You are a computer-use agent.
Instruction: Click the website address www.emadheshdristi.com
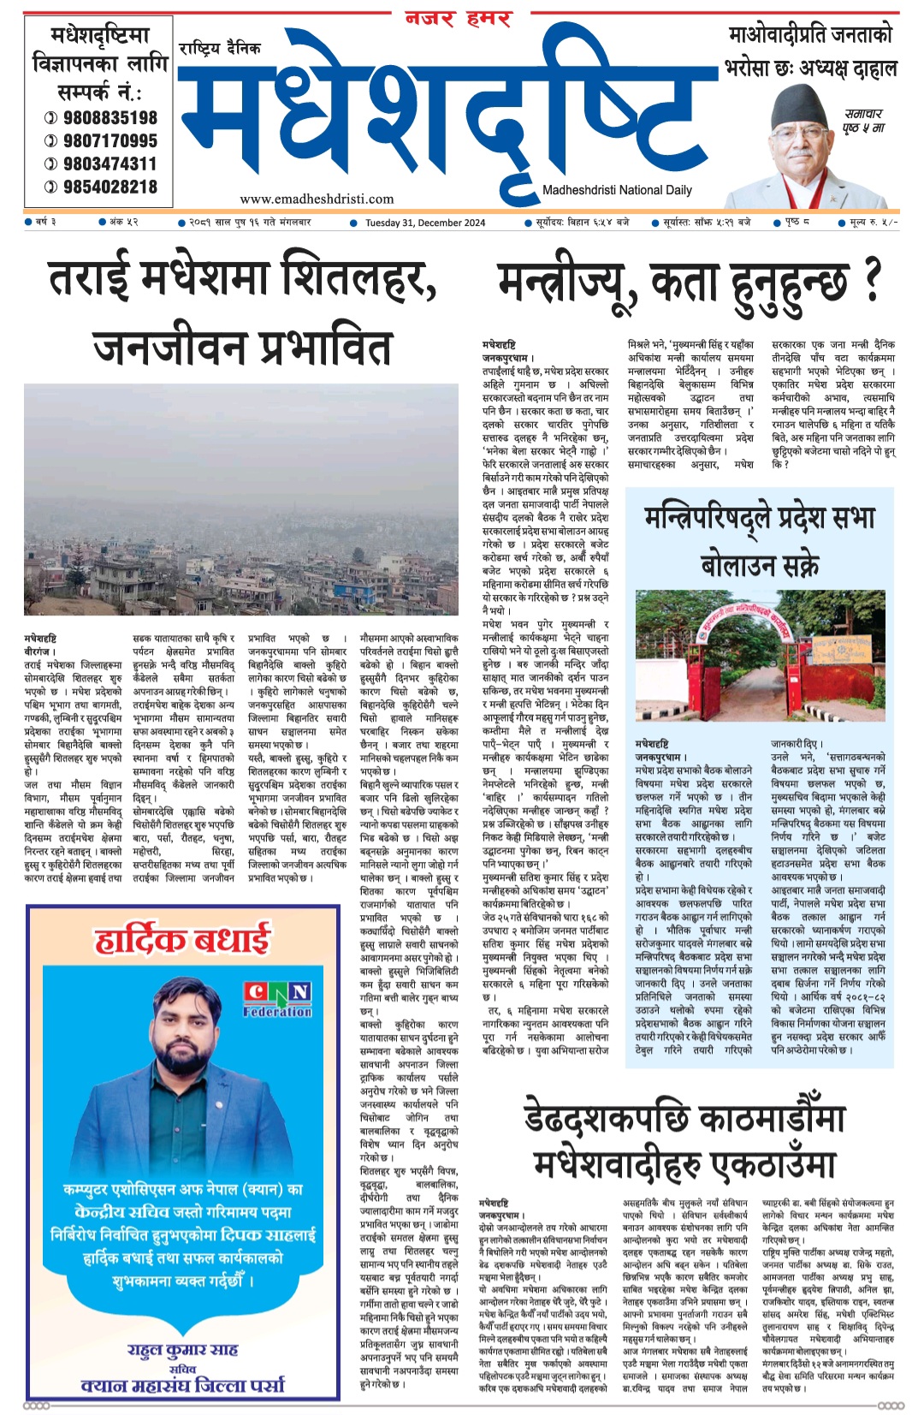(x=317, y=199)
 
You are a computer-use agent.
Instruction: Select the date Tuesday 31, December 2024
(x=425, y=223)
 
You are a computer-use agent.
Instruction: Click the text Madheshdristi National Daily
(x=617, y=190)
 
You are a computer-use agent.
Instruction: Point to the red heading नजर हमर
(x=458, y=19)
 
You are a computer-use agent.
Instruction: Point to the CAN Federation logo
(x=276, y=999)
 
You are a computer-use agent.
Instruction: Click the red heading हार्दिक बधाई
(x=181, y=940)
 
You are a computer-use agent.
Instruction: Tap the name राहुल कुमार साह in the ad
(x=182, y=1350)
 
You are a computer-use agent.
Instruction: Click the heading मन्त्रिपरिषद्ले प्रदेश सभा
(x=760, y=519)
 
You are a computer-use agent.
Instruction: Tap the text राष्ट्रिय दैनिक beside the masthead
(x=220, y=49)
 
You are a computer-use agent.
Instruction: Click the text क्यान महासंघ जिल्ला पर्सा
(x=182, y=1385)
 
